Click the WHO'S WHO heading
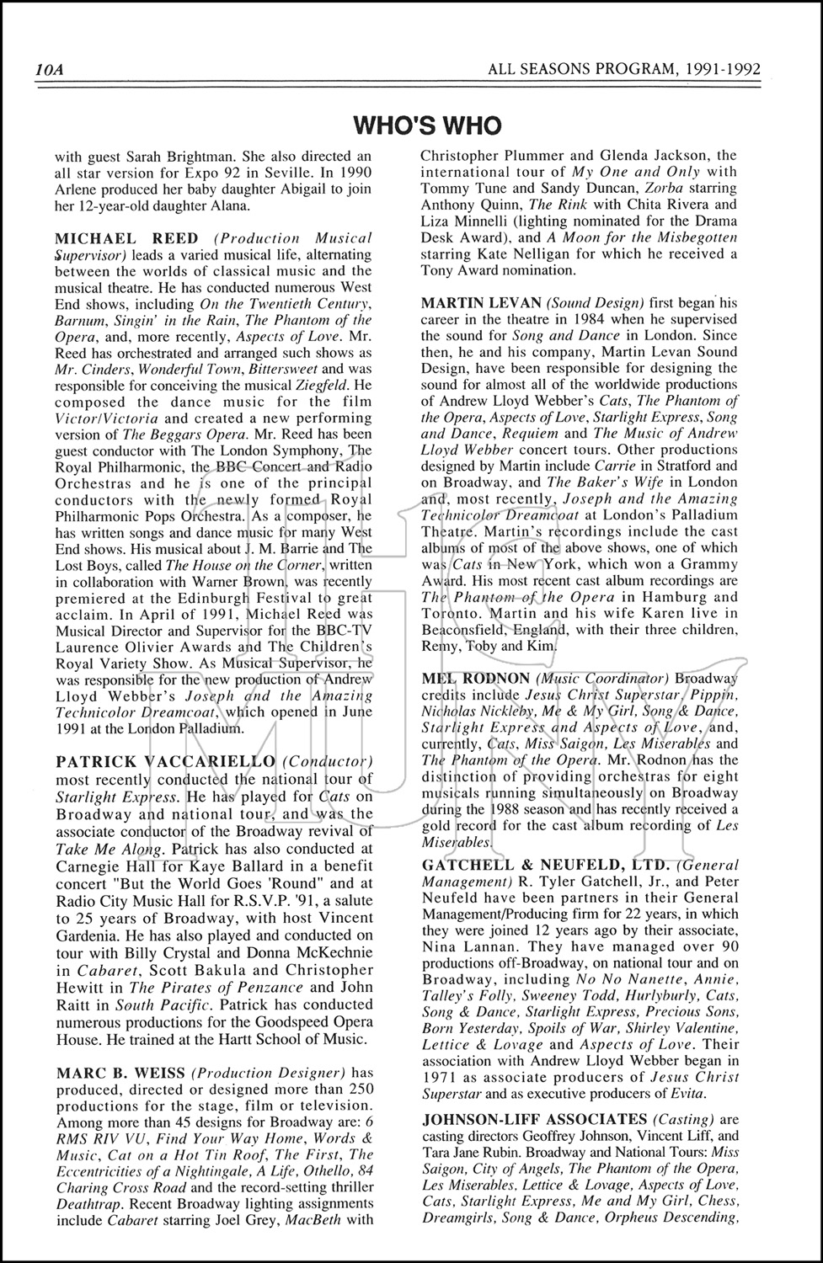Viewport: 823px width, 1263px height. click(x=427, y=125)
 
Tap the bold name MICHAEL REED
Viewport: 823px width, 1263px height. click(x=127, y=238)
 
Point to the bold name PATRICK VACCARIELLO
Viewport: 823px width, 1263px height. click(x=165, y=761)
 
